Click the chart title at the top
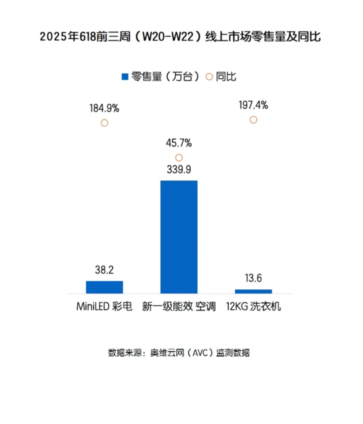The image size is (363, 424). (180, 37)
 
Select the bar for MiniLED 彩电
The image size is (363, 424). (104, 287)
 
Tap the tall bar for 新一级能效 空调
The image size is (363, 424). (179, 237)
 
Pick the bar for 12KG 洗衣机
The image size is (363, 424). (253, 291)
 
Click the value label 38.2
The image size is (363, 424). (104, 270)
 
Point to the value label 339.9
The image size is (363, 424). (179, 170)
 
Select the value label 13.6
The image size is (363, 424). (253, 278)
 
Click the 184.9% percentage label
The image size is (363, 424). (104, 108)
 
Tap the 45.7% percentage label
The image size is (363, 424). (179, 143)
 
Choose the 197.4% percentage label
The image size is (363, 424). (253, 105)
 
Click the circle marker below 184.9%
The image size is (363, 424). (104, 123)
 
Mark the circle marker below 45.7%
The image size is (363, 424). (179, 158)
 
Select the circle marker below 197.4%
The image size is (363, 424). (253, 120)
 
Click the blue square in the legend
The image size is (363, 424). (125, 77)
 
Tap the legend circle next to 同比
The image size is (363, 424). (210, 77)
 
